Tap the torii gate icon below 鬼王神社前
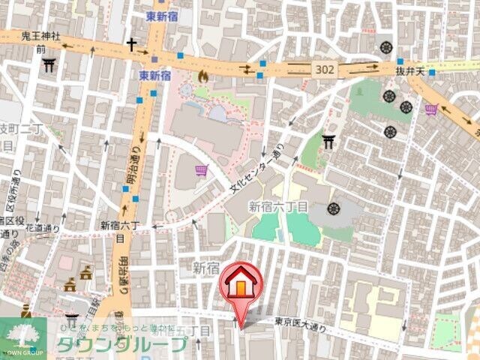pyautogui.click(x=49, y=65)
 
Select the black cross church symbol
pyautogui.click(x=132, y=45)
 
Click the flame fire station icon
pyautogui.click(x=202, y=75)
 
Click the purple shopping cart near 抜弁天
pyautogui.click(x=431, y=110)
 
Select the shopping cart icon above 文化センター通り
pyautogui.click(x=201, y=171)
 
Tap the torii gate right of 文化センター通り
pyautogui.click(x=328, y=140)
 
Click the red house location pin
pyautogui.click(x=240, y=286)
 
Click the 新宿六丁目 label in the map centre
pyautogui.click(x=278, y=206)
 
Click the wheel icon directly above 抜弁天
pyautogui.click(x=387, y=46)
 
